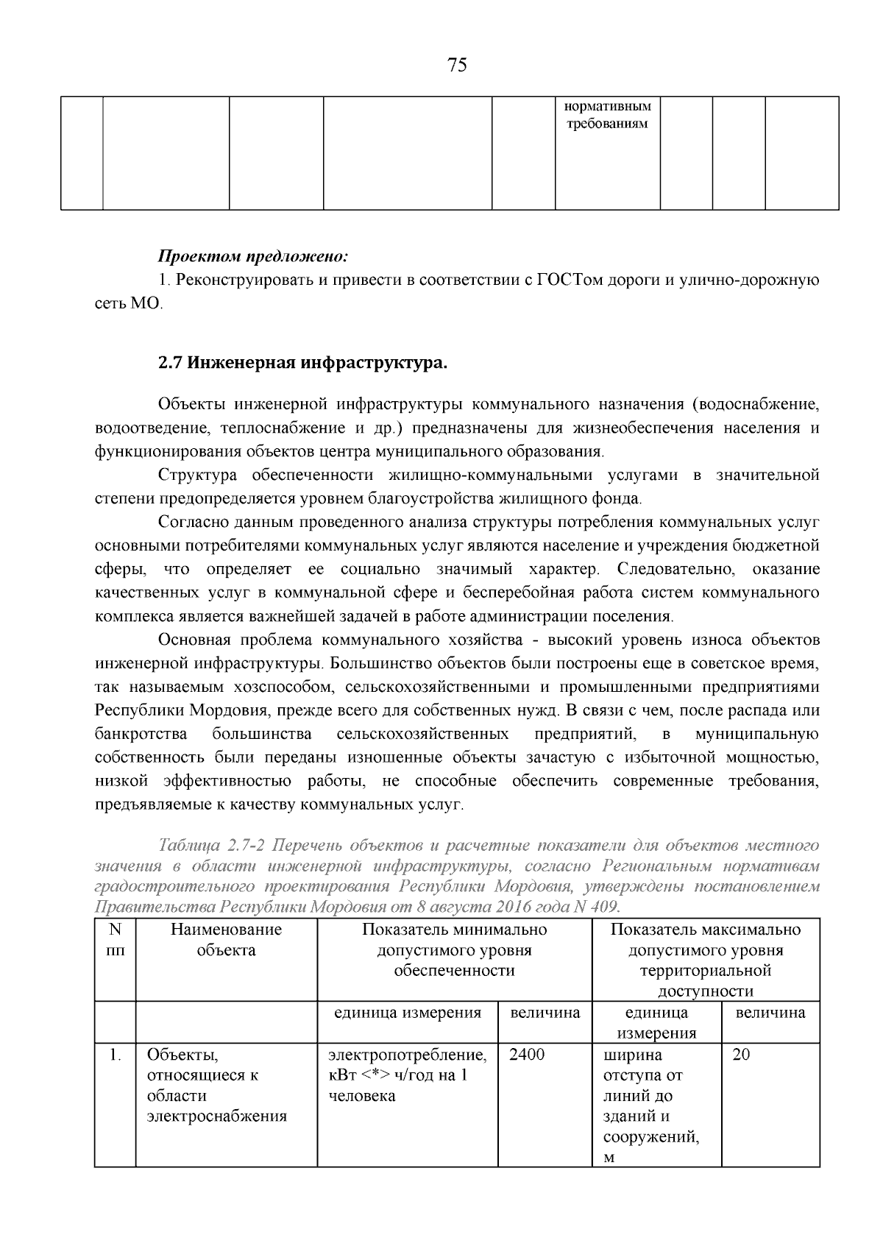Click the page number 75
(457, 66)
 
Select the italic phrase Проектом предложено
(252, 257)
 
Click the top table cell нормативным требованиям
(607, 115)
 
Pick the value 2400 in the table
(527, 1055)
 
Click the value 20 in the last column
(742, 1055)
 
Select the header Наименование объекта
(227, 940)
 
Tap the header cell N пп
(115, 940)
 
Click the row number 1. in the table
(115, 1055)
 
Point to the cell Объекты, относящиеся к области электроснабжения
(216, 1086)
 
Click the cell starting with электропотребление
(407, 1075)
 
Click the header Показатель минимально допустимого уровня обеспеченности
(454, 950)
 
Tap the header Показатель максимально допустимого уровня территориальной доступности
(706, 960)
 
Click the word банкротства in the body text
(141, 734)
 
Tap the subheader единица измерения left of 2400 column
(407, 1013)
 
